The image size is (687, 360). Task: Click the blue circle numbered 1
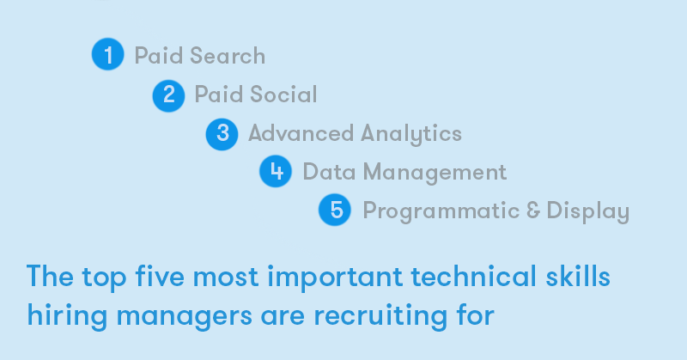[x=108, y=54]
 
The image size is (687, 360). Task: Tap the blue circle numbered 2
[x=168, y=95]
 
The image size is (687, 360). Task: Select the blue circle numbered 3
[x=222, y=134]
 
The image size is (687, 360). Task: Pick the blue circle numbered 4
[x=276, y=171]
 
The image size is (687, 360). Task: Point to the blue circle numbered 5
[x=335, y=210]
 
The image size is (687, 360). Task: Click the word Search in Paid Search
[x=228, y=56]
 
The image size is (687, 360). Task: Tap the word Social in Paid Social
[x=283, y=95]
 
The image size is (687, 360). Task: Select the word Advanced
[x=301, y=133]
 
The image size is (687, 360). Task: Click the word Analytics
[x=411, y=134]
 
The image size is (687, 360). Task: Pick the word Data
[x=329, y=172]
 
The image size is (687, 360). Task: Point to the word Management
[x=435, y=173]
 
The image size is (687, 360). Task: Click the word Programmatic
[x=441, y=211]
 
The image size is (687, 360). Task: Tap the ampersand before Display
[x=533, y=210]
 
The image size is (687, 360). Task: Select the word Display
[x=588, y=211]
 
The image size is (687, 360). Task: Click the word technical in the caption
[x=474, y=277]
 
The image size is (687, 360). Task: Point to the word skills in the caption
[x=578, y=277]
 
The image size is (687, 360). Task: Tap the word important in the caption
[x=335, y=278]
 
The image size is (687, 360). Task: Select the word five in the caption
[x=160, y=277]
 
